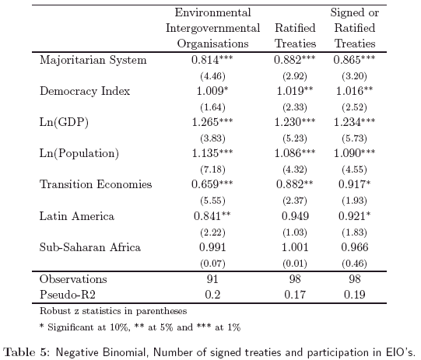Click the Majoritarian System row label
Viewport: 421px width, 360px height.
93,60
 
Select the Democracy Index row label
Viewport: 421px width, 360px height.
85,91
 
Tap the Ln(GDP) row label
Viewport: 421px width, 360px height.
64,122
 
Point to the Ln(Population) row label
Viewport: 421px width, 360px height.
79,153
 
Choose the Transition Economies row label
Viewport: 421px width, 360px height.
96,184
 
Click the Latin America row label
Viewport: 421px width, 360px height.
77,216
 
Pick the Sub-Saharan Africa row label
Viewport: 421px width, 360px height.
90,247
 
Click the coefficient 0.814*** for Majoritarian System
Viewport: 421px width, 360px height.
212,60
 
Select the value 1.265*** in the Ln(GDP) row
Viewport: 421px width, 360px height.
212,122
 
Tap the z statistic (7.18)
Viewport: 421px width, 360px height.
212,170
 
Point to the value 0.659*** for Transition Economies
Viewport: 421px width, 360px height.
212,184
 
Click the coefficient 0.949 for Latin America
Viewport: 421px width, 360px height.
295,216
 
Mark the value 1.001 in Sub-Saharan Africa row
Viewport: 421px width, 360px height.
295,247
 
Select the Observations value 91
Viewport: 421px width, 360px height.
212,279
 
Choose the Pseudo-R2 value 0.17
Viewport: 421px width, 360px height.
295,295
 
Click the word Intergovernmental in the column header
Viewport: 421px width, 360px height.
213,28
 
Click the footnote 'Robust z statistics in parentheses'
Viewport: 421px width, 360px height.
113,311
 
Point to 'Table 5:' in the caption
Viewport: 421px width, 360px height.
27,352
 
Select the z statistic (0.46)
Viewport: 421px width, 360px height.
354,264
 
